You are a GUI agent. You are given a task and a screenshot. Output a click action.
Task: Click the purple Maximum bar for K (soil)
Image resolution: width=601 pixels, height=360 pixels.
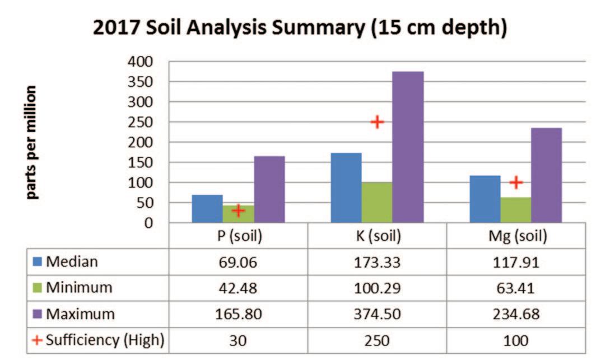[408, 147]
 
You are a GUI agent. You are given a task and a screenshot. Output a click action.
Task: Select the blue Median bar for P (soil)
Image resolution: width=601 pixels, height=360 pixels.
[207, 209]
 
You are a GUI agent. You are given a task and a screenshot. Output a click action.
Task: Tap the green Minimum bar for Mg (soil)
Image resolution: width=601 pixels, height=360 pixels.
[516, 210]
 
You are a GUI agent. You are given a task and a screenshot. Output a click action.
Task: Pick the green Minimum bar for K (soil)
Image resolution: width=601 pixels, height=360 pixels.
[377, 203]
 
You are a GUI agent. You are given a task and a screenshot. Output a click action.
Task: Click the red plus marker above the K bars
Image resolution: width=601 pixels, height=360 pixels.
[377, 122]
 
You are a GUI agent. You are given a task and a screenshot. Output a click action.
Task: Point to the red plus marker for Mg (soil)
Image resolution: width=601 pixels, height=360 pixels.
[516, 183]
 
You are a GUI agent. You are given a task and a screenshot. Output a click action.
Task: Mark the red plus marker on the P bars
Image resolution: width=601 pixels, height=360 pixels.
[238, 211]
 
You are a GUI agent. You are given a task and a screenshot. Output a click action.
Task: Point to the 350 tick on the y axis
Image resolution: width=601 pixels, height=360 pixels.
[140, 82]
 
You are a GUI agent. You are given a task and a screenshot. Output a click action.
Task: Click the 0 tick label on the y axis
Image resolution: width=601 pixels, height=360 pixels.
[148, 223]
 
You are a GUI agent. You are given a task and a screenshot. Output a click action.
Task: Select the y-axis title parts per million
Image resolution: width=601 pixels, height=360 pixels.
[31, 142]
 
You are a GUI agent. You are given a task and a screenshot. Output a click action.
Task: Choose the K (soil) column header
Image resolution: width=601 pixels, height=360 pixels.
[378, 236]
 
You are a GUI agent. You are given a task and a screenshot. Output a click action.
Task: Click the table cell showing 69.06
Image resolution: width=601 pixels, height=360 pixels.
[238, 263]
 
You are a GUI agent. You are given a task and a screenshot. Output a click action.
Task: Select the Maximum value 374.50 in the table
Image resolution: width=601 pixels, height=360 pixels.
[377, 315]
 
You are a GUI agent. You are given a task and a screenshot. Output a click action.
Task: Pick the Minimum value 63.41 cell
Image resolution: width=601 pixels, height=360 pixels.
[515, 288]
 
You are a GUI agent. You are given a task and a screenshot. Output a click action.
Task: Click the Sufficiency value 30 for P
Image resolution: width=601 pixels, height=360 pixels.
[238, 340]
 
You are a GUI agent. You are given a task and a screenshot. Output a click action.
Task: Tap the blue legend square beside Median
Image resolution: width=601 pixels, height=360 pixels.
[37, 261]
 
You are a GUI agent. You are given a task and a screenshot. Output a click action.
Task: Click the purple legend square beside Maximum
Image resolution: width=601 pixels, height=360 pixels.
[37, 314]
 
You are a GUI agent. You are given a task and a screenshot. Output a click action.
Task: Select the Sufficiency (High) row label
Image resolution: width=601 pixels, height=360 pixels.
[105, 340]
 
